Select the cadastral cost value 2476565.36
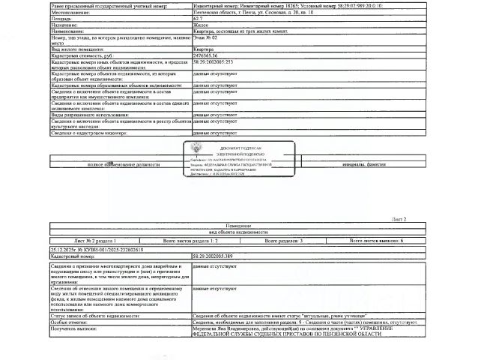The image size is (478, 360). point(206,55)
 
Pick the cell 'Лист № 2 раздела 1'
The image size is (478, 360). point(91,241)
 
